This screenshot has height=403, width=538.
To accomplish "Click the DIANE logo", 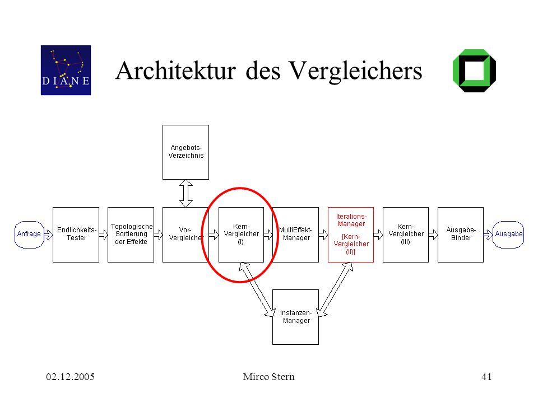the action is point(66,71).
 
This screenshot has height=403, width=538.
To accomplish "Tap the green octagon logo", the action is point(474,71).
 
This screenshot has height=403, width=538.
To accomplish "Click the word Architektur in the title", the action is point(175,71).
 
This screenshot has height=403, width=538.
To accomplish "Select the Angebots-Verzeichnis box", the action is point(185,152).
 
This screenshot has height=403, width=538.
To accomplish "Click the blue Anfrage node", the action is point(29,235).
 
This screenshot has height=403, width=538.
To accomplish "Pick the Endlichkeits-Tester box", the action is point(76,235).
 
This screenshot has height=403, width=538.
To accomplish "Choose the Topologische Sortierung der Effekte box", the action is point(131,235).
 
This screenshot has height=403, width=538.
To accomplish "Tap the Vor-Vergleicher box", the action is point(185,235).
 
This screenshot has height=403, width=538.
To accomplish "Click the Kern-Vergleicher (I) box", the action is point(241,235).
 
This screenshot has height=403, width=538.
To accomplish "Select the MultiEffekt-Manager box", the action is point(295,235).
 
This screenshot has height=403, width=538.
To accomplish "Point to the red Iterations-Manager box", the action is point(351,235).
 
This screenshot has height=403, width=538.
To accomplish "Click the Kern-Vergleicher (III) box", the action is point(406,235).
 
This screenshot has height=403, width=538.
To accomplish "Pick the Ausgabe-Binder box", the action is point(461,235).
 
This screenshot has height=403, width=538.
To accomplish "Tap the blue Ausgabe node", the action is point(508,235).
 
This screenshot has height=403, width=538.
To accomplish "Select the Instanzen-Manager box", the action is point(295,317).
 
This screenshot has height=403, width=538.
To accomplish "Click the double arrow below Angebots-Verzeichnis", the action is point(186,193).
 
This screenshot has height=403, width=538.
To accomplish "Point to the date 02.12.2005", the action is point(71,377).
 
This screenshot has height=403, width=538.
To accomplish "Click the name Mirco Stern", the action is point(268,377).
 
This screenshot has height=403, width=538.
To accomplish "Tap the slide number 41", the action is point(486,377).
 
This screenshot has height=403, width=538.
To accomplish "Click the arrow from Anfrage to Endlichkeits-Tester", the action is point(48,235).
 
